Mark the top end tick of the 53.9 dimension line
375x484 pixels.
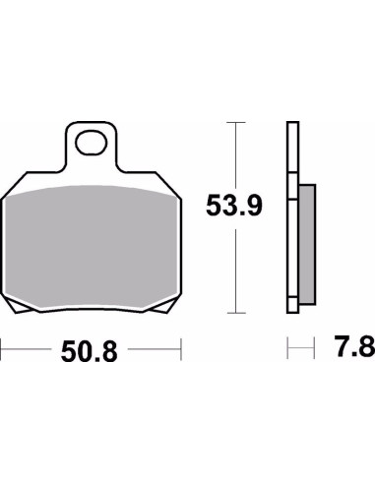point(233,122)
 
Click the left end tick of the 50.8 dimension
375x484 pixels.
point(2,349)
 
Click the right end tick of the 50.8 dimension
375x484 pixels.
point(182,349)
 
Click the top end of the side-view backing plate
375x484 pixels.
point(291,124)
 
